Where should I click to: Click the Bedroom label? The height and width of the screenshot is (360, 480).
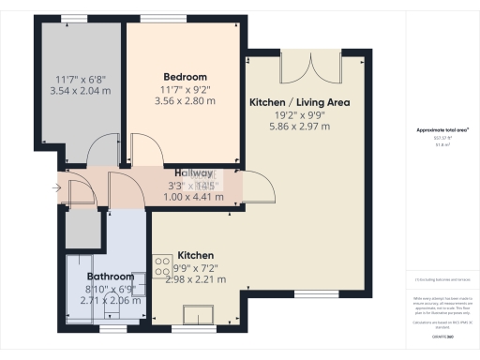[x=185, y=77]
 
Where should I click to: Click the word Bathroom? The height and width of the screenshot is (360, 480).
[x=111, y=277]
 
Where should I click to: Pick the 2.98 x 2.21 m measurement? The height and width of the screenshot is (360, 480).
[x=196, y=278]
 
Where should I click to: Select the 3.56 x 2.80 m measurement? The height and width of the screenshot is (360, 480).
[x=185, y=101]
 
